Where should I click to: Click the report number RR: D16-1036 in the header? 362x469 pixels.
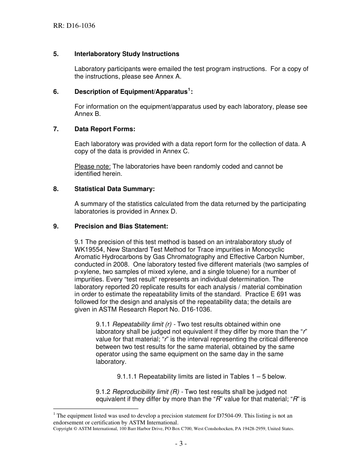tap(74, 26)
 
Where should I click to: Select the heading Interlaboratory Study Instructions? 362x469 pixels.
tap(127, 54)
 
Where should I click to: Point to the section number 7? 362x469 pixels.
tap(56, 129)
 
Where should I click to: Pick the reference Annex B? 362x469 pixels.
tap(88, 114)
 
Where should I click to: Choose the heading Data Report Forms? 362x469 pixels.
tap(105, 129)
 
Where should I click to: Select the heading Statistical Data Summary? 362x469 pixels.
tap(115, 189)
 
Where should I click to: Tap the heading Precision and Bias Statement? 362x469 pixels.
tap(121, 226)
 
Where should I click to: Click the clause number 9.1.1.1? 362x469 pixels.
tap(127, 377)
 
